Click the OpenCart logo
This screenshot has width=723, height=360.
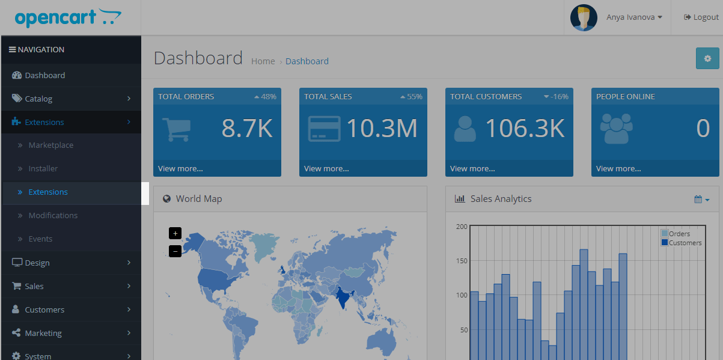pyautogui.click(x=68, y=17)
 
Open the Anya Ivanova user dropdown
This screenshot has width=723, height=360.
pyautogui.click(x=634, y=17)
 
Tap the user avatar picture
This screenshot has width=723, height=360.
pyautogui.click(x=584, y=17)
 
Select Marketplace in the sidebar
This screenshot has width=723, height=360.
pyautogui.click(x=51, y=145)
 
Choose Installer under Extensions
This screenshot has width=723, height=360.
pyautogui.click(x=43, y=169)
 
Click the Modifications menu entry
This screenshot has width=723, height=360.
pyautogui.click(x=53, y=216)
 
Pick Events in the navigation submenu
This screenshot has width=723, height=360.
pyautogui.click(x=40, y=239)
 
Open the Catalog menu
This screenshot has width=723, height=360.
pyautogui.click(x=38, y=99)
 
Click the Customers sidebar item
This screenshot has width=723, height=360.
pyautogui.click(x=44, y=310)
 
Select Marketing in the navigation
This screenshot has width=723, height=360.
pyautogui.click(x=43, y=334)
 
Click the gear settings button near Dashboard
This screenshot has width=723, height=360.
pyautogui.click(x=707, y=59)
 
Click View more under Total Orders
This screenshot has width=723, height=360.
pyautogui.click(x=180, y=169)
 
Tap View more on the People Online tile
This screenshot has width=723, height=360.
pyautogui.click(x=618, y=169)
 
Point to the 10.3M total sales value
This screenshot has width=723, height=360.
pyautogui.click(x=382, y=129)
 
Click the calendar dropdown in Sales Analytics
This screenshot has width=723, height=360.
pyautogui.click(x=701, y=200)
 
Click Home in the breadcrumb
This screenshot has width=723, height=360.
pyautogui.click(x=263, y=61)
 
